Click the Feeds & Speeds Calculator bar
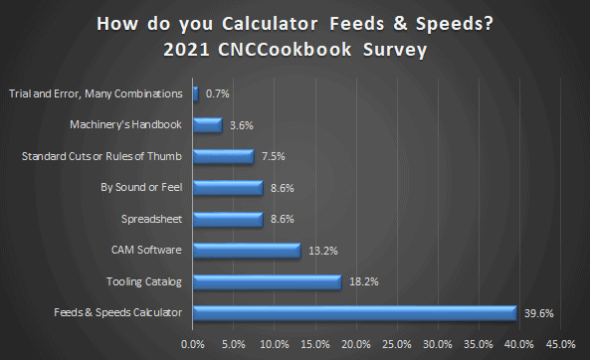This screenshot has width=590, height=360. (x=354, y=313)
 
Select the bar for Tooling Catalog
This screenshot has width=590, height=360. (x=267, y=281)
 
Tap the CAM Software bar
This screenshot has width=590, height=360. (x=247, y=251)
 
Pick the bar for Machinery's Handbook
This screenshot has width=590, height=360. (x=207, y=125)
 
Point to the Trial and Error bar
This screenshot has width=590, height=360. (x=196, y=93)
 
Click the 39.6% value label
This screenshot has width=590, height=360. (x=539, y=313)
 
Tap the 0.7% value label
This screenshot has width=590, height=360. (x=218, y=93)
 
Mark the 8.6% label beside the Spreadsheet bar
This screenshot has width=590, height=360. (x=283, y=219)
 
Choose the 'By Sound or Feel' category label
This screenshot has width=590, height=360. (x=141, y=188)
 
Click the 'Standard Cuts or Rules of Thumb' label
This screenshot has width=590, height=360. (x=102, y=156)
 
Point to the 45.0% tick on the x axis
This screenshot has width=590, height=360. (x=560, y=344)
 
